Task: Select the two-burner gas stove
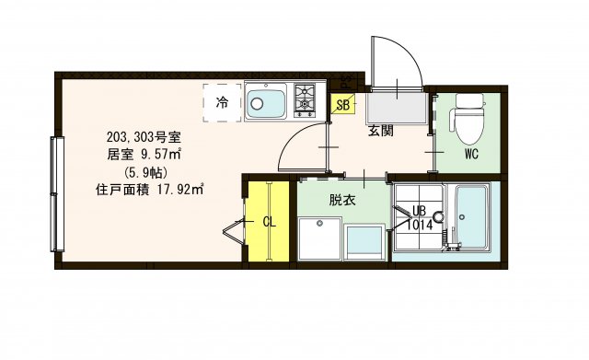click(305, 100)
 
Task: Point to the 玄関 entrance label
click(381, 132)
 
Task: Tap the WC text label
click(471, 154)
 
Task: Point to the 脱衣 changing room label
click(342, 199)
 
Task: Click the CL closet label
click(270, 221)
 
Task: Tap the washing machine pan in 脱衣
click(318, 238)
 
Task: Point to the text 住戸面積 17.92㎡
click(148, 191)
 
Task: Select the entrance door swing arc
click(396, 64)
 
